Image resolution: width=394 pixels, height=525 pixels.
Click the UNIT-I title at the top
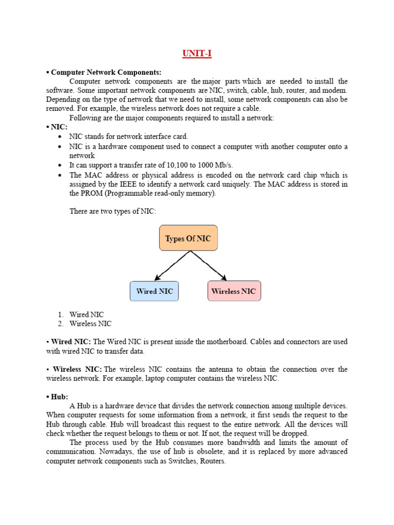197,54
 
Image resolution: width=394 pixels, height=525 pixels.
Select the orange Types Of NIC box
188,238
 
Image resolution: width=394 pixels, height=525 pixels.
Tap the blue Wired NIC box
154,291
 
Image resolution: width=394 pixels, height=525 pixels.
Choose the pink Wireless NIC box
233,291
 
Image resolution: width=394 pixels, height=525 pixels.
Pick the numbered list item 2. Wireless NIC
90,324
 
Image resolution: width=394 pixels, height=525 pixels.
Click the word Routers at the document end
212,461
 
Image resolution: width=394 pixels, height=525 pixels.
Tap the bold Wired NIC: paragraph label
71,341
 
